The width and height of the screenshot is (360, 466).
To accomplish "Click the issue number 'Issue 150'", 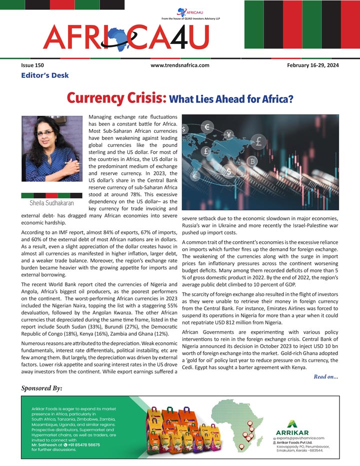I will [x=32, y=65].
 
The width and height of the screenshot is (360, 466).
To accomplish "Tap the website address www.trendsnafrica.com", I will [x=179, y=65].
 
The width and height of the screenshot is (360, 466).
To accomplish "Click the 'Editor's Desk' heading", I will [x=45, y=75].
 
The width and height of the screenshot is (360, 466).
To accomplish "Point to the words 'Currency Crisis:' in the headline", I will [x=116, y=97].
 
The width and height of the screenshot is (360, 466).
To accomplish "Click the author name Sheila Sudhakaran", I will [x=51, y=204].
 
